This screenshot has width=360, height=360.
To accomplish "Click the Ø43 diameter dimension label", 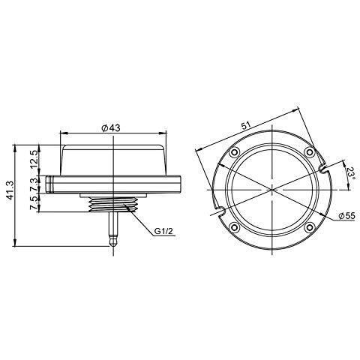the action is pyautogui.click(x=111, y=128).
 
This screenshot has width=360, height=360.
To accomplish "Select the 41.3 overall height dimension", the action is pyautogui.click(x=10, y=190).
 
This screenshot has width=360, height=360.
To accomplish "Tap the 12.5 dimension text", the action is pyautogui.click(x=34, y=159).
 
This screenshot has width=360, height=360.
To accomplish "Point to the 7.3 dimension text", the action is pyautogui.click(x=34, y=184).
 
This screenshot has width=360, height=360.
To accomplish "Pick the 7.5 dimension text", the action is pyautogui.click(x=34, y=203).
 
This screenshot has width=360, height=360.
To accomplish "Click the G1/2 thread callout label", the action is pyautogui.click(x=163, y=231).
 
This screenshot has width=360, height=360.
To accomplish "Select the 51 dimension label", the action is pyautogui.click(x=247, y=125).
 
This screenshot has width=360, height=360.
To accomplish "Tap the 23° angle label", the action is pyautogui.click(x=350, y=174).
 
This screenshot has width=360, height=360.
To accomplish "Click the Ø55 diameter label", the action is pyautogui.click(x=346, y=215).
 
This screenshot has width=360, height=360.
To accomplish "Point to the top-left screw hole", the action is pyautogui.click(x=235, y=151).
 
